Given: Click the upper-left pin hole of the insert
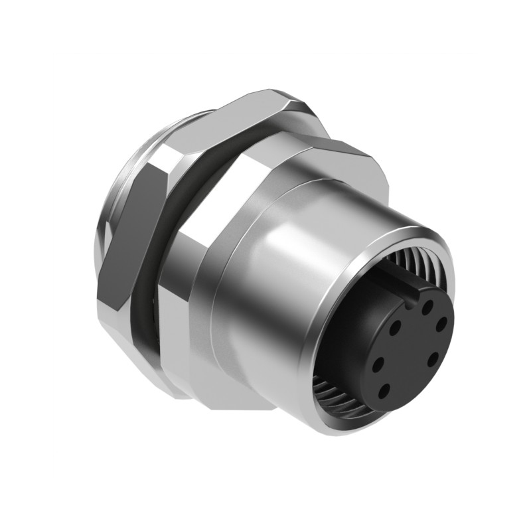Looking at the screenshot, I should [396, 327].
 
